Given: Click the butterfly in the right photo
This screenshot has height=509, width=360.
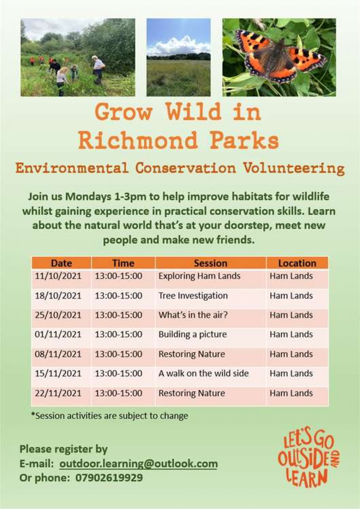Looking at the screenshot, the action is pos(281,58).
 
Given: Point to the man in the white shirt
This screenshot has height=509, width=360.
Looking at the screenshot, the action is pos(98,69).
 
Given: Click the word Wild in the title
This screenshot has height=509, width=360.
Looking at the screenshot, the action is pos(193,112).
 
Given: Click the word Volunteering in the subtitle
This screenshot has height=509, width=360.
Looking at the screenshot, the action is pos(294,169).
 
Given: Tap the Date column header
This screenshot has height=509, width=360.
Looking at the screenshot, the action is pos(62,263).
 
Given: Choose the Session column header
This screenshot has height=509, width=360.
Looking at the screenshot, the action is pos(211,263).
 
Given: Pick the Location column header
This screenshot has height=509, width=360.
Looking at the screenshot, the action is pos(297,263).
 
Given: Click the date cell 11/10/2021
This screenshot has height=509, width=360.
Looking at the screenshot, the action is pos(58,276).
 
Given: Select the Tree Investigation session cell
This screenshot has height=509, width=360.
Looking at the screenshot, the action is pos(193,296).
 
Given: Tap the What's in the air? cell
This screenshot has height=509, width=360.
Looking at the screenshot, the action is pos(193,315).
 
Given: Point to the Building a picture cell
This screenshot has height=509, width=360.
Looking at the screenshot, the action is pos(193,335).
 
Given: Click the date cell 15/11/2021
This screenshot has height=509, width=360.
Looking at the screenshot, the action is pos(58,374).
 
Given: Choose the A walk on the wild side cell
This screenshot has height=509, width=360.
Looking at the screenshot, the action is pos(203,374).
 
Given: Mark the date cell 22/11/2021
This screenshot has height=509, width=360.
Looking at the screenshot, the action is pos(58,393).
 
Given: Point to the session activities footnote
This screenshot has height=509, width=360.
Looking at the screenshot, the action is pos(109,416).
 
